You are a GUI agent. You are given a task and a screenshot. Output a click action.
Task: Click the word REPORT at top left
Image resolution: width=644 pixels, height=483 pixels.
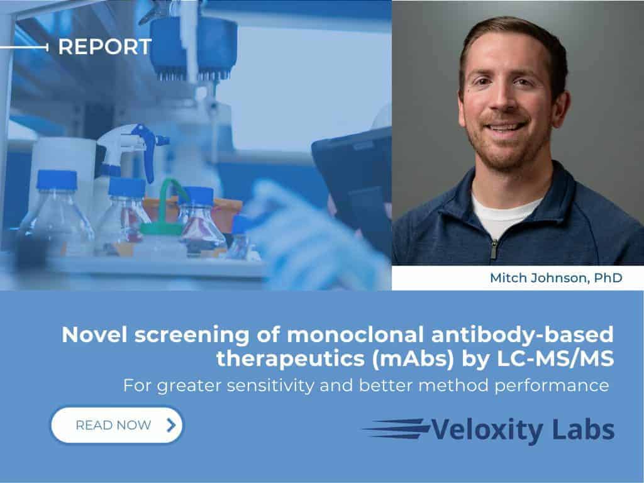click(104, 47)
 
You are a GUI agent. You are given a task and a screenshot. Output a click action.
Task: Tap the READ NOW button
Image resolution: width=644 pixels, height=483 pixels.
click(117, 425)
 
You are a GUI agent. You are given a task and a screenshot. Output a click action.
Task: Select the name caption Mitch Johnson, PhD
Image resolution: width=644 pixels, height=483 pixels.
click(556, 278)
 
